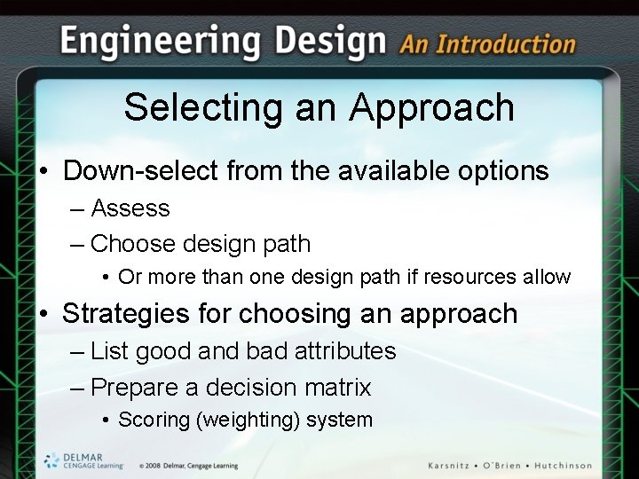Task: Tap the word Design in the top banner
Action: [x=330, y=41]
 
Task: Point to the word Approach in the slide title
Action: [x=431, y=107]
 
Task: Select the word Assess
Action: [x=130, y=208]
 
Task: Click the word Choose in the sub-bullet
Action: [x=132, y=244]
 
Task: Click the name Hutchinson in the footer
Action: [x=560, y=465]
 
